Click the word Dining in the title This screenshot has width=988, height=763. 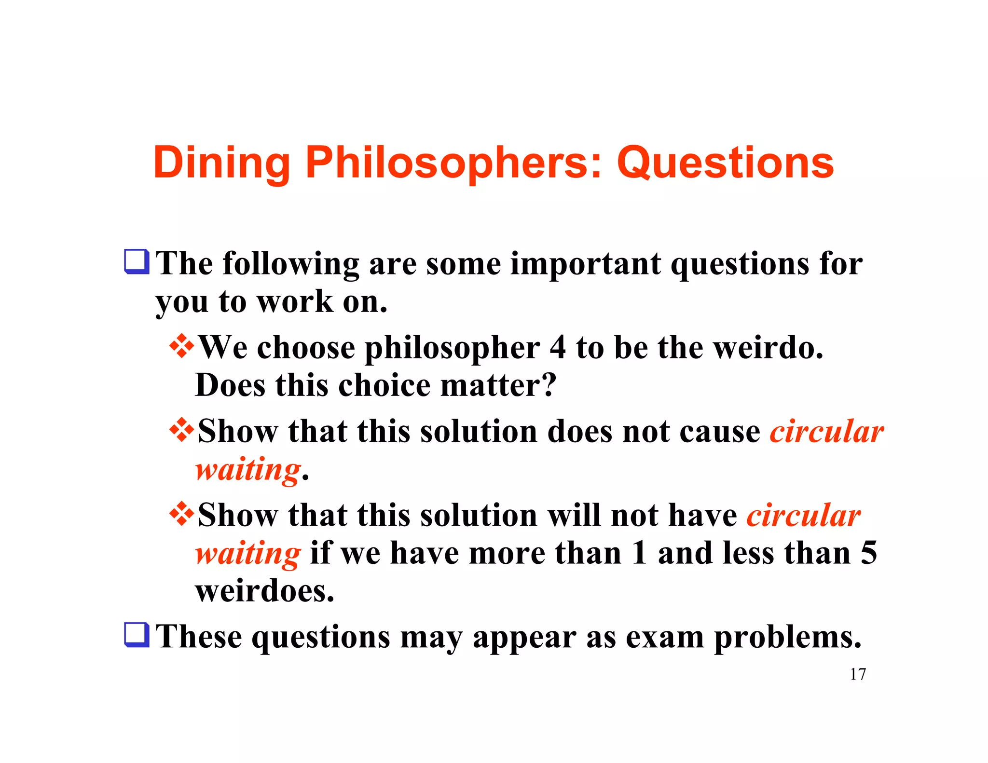(221, 163)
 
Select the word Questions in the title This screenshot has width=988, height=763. (725, 163)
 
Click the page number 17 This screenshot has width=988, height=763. (857, 674)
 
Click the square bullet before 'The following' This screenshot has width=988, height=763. (137, 261)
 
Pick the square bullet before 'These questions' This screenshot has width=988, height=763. (137, 635)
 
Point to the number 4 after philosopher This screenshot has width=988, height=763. (557, 347)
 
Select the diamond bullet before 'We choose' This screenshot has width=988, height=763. (182, 346)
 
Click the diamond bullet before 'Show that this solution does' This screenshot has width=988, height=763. (182, 429)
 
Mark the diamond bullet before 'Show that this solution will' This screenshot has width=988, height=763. (182, 514)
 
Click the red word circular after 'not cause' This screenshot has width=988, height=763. (826, 431)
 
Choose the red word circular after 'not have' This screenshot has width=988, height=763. (803, 516)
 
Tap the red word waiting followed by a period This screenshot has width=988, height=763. (248, 469)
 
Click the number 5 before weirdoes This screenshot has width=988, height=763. (868, 553)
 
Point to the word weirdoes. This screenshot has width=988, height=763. (264, 591)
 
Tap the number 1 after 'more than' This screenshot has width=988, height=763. (639, 553)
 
